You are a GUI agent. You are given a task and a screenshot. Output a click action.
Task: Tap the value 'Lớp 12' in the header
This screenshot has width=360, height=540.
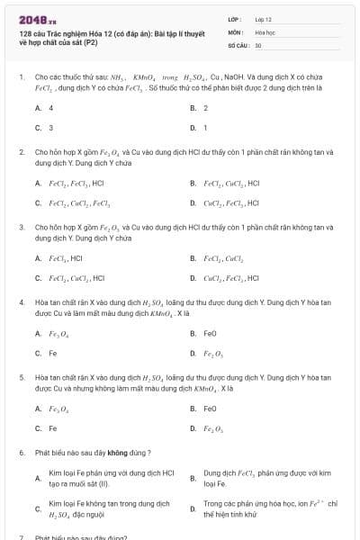click(263, 19)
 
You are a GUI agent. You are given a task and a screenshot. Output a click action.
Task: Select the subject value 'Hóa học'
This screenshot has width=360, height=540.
click(264, 31)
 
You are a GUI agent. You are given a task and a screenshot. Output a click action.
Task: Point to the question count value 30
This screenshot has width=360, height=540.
click(258, 44)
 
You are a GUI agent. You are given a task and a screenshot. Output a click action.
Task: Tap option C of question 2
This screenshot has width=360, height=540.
click(77, 202)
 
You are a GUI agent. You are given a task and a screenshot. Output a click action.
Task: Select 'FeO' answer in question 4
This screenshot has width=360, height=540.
click(210, 333)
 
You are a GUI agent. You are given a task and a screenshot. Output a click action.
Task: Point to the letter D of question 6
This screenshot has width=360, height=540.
click(193, 509)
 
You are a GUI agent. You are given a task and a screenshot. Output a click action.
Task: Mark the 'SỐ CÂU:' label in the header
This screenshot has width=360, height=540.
click(238, 44)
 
